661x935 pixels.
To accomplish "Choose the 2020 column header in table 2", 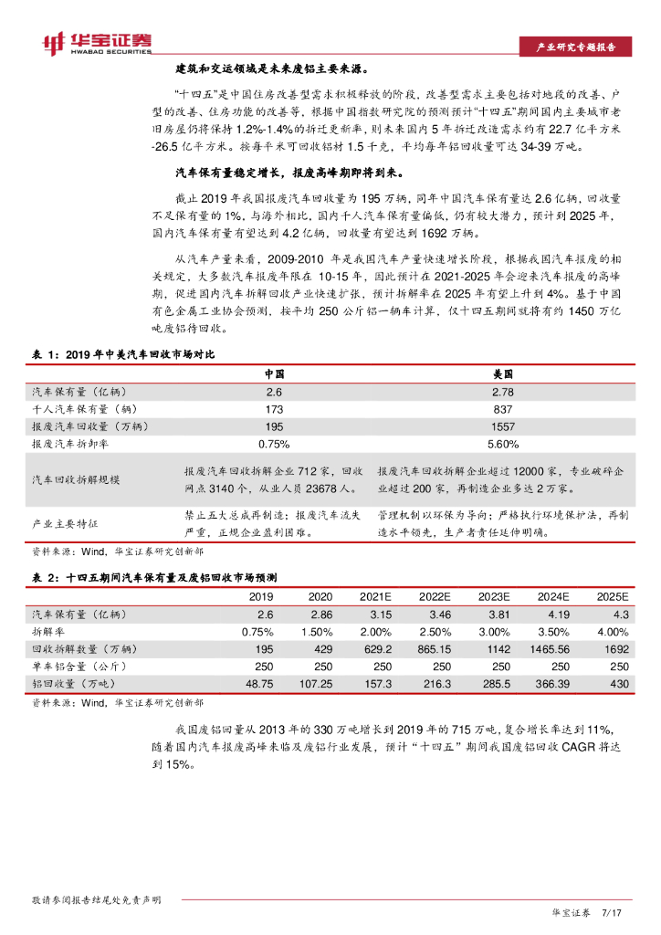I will click(320, 596).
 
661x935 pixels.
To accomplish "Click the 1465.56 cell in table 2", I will click(553, 648).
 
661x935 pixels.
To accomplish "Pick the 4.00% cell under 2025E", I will click(613, 631).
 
